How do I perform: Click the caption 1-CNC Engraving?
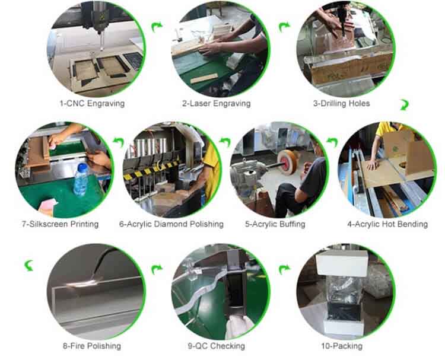[x=92, y=103]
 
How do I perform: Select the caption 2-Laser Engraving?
[x=217, y=103]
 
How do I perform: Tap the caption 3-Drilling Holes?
[x=341, y=103]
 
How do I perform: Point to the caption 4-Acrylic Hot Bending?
[x=387, y=224]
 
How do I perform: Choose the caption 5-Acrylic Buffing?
[x=275, y=224]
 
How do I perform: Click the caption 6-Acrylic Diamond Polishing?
[x=171, y=224]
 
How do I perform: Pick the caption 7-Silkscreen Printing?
[x=60, y=224]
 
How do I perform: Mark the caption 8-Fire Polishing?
[x=92, y=346]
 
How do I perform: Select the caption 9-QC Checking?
[x=216, y=346]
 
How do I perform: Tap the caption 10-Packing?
[x=342, y=346]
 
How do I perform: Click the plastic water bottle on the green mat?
[x=81, y=179]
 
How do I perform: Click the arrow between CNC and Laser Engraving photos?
[x=157, y=27]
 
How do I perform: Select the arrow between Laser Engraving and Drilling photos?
[x=284, y=27]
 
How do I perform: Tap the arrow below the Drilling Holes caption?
[x=404, y=105]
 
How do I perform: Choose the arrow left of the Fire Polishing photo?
[x=29, y=266]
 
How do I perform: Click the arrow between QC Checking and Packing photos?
[x=284, y=269]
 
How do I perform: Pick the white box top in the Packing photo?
[x=342, y=263]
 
